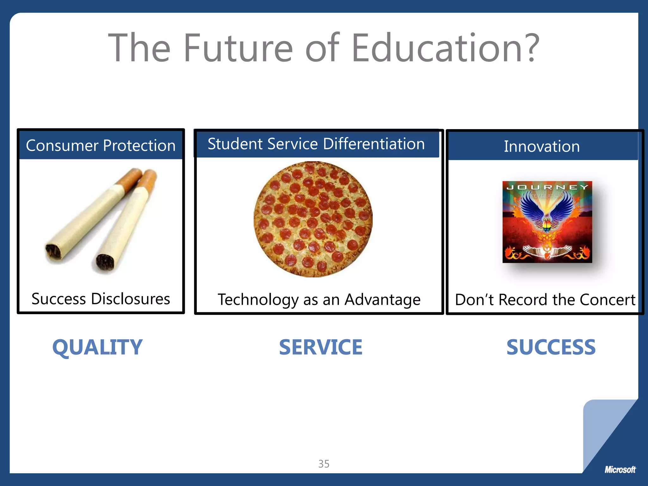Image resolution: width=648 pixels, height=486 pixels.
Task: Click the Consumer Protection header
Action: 101,146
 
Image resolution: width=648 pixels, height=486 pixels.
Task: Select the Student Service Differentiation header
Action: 316,144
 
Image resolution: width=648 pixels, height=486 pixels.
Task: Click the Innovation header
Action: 542,146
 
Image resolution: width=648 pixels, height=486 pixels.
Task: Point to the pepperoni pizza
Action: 313,219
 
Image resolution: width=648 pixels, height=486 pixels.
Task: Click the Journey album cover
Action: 547,222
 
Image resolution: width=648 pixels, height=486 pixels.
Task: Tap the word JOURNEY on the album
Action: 547,187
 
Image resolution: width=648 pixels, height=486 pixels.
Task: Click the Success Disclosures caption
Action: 101,299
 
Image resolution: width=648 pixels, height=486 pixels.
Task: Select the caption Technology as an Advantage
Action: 319,300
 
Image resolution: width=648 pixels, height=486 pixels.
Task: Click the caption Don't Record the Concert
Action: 545,300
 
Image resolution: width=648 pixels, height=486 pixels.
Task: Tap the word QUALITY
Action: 97,347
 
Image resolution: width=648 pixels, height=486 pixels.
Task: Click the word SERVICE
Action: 321,347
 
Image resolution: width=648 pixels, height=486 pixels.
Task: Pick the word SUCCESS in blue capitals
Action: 551,347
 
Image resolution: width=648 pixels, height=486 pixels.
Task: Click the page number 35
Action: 324,464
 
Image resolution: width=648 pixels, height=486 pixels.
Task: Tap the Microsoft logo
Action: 620,470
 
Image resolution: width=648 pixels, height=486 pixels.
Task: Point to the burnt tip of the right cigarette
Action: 105,262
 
